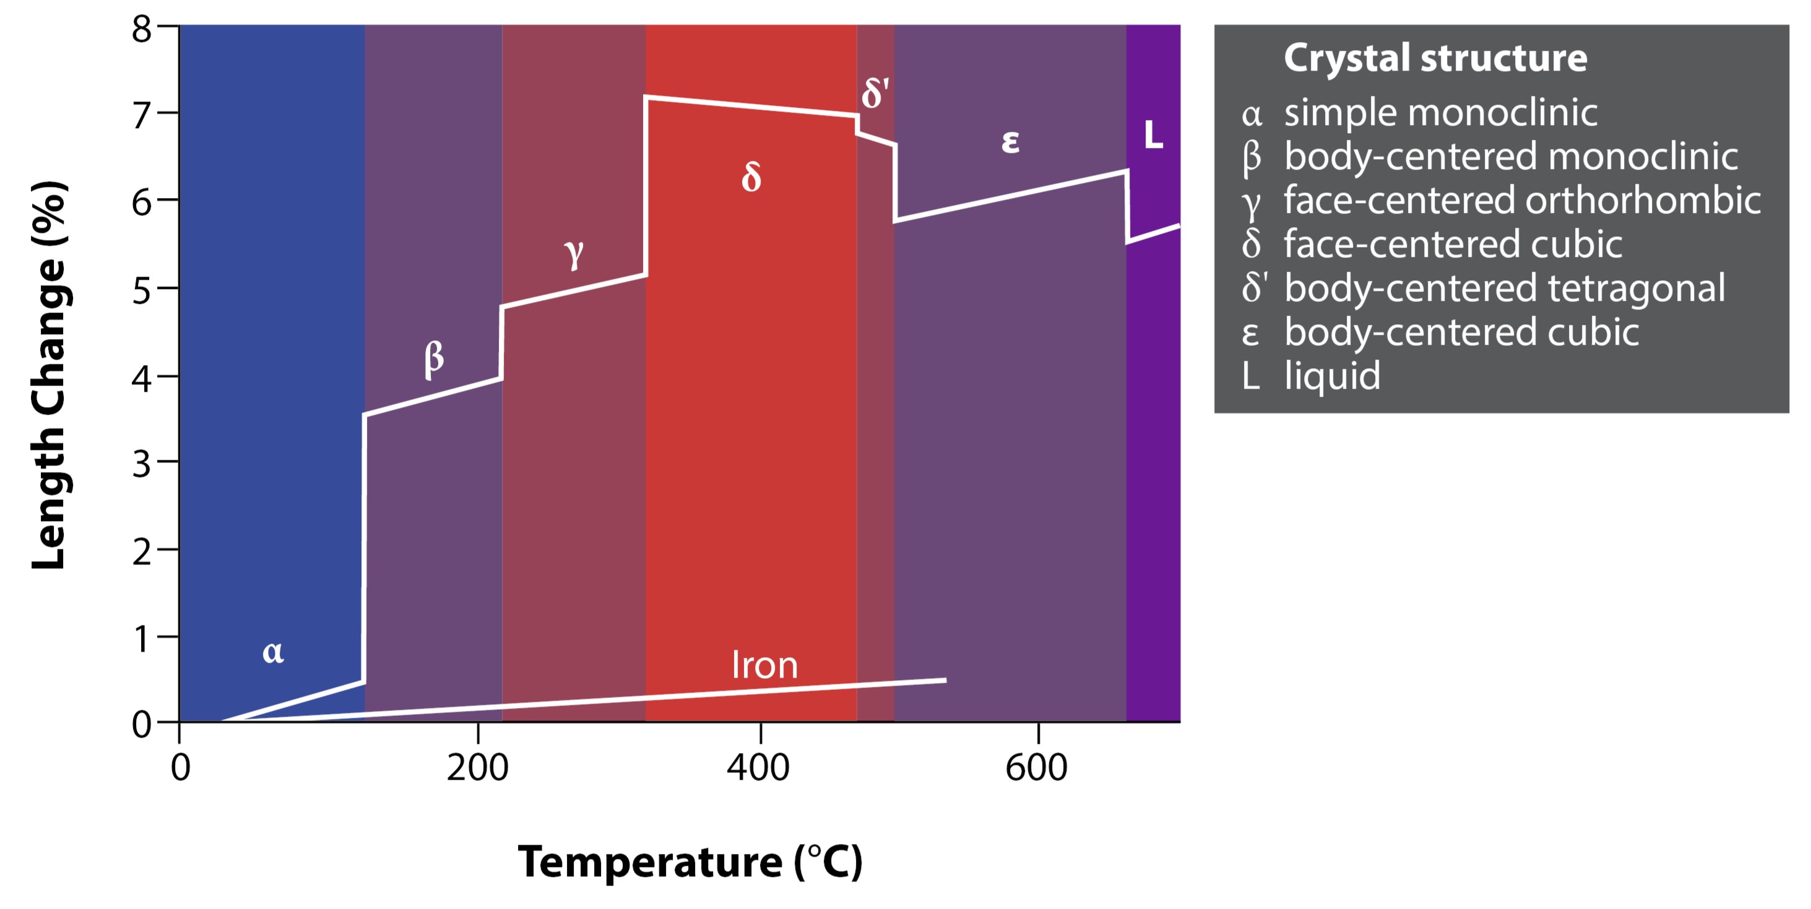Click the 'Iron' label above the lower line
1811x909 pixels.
[764, 665]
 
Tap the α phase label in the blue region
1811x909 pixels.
[273, 652]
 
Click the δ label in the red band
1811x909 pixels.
[751, 176]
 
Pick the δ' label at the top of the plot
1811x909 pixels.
[875, 93]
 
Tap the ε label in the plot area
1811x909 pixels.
[1009, 141]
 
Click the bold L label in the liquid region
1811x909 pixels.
[1153, 134]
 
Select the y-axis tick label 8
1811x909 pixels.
[141, 30]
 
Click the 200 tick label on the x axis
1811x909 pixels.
[477, 767]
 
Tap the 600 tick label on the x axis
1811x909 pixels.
[1036, 767]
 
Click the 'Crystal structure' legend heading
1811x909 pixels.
[1435, 58]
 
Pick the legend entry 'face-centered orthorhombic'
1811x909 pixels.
[1521, 200]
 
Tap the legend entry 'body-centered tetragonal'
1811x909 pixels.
[1505, 288]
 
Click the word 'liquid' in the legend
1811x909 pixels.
[1332, 376]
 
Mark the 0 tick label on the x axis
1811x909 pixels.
[181, 767]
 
